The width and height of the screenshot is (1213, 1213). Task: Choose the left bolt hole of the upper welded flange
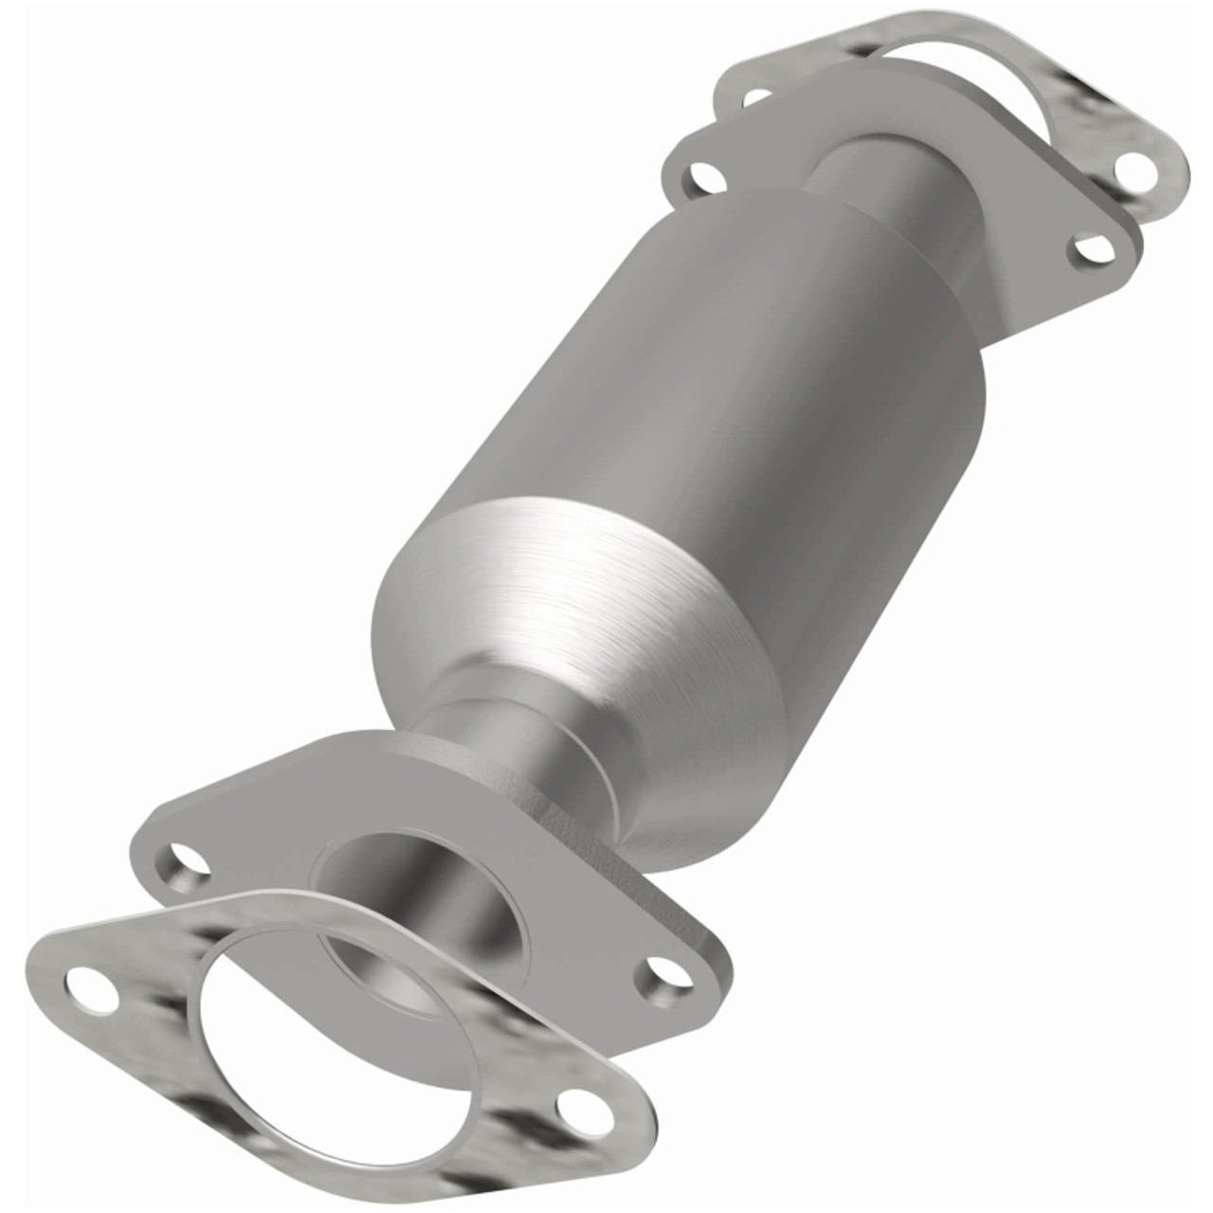coord(702,175)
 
